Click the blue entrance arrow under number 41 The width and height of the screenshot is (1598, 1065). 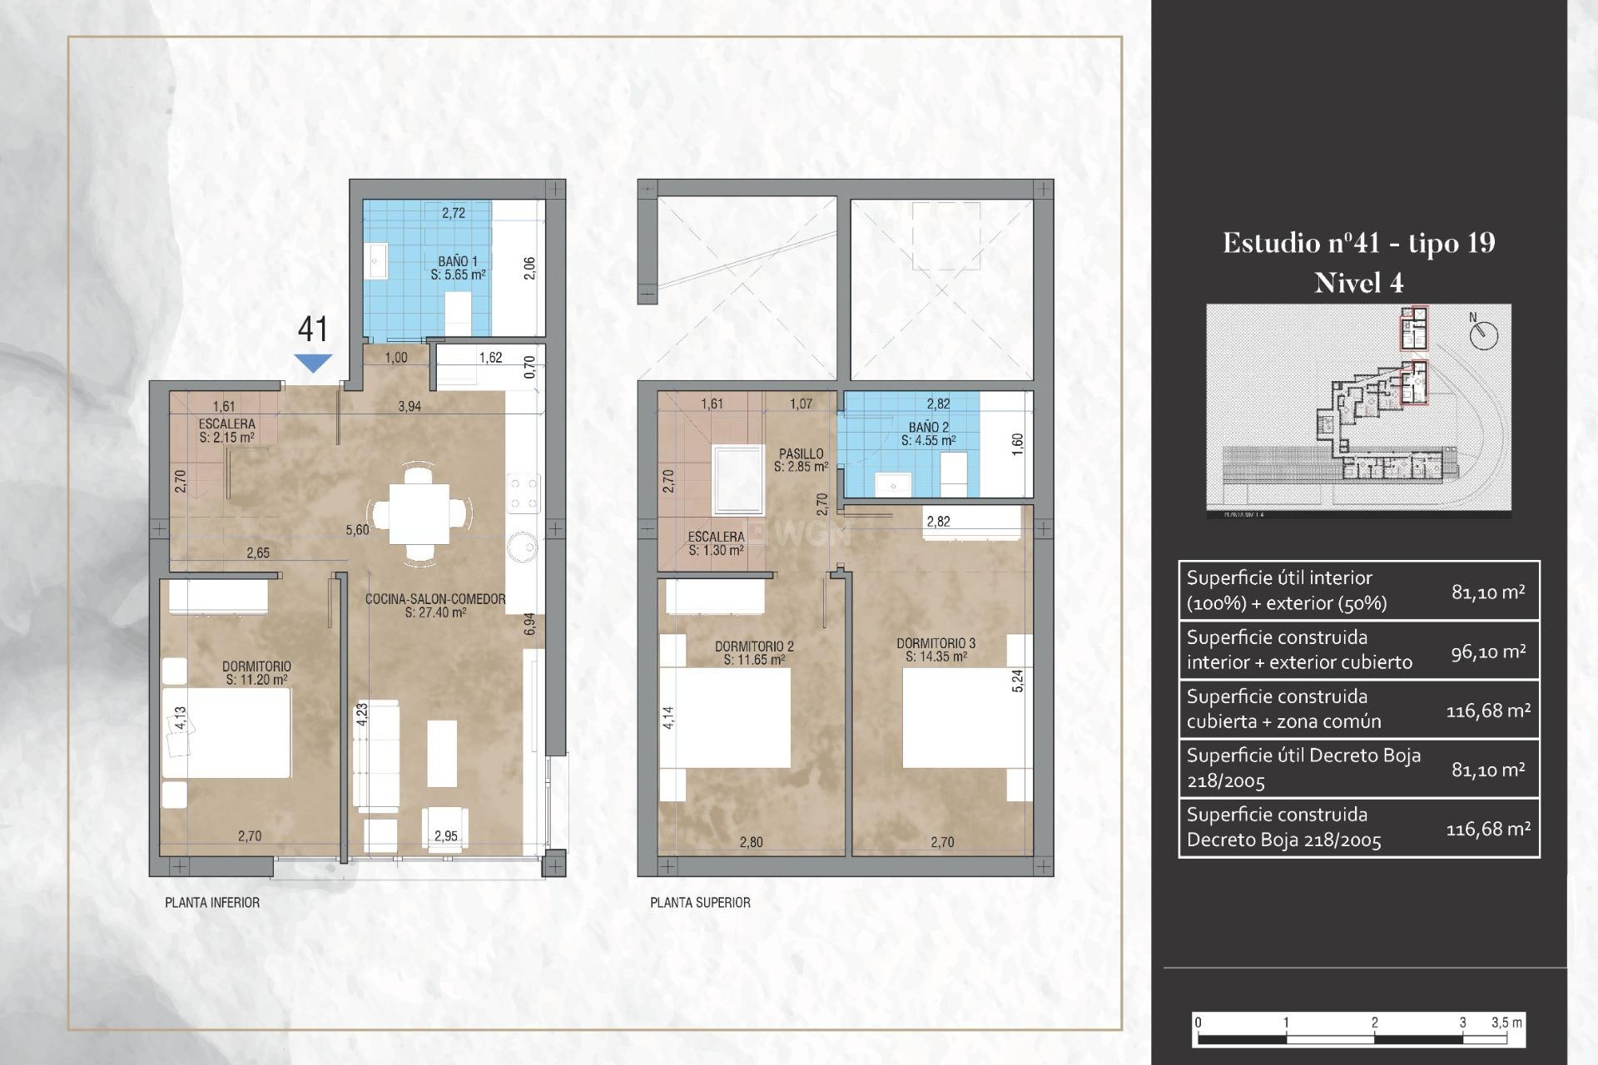click(313, 363)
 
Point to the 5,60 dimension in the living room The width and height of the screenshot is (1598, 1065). click(357, 530)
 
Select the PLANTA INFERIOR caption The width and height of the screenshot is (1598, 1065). click(212, 903)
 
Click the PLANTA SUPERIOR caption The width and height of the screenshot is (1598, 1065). click(700, 903)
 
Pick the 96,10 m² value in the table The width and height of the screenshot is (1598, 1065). click(1488, 651)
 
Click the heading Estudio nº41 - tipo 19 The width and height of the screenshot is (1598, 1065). click(1358, 243)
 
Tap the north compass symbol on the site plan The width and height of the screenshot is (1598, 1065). click(1483, 335)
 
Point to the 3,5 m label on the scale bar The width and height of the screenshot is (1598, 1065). click(1506, 1023)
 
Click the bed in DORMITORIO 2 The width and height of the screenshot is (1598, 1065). click(726, 717)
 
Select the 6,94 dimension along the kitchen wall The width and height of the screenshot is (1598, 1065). click(529, 624)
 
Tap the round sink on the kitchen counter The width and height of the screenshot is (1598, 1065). click(524, 547)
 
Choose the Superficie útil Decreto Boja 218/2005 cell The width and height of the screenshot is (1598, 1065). click(1303, 768)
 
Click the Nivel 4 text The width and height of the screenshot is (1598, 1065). click(1358, 284)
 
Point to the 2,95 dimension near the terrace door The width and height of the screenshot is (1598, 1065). click(445, 836)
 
